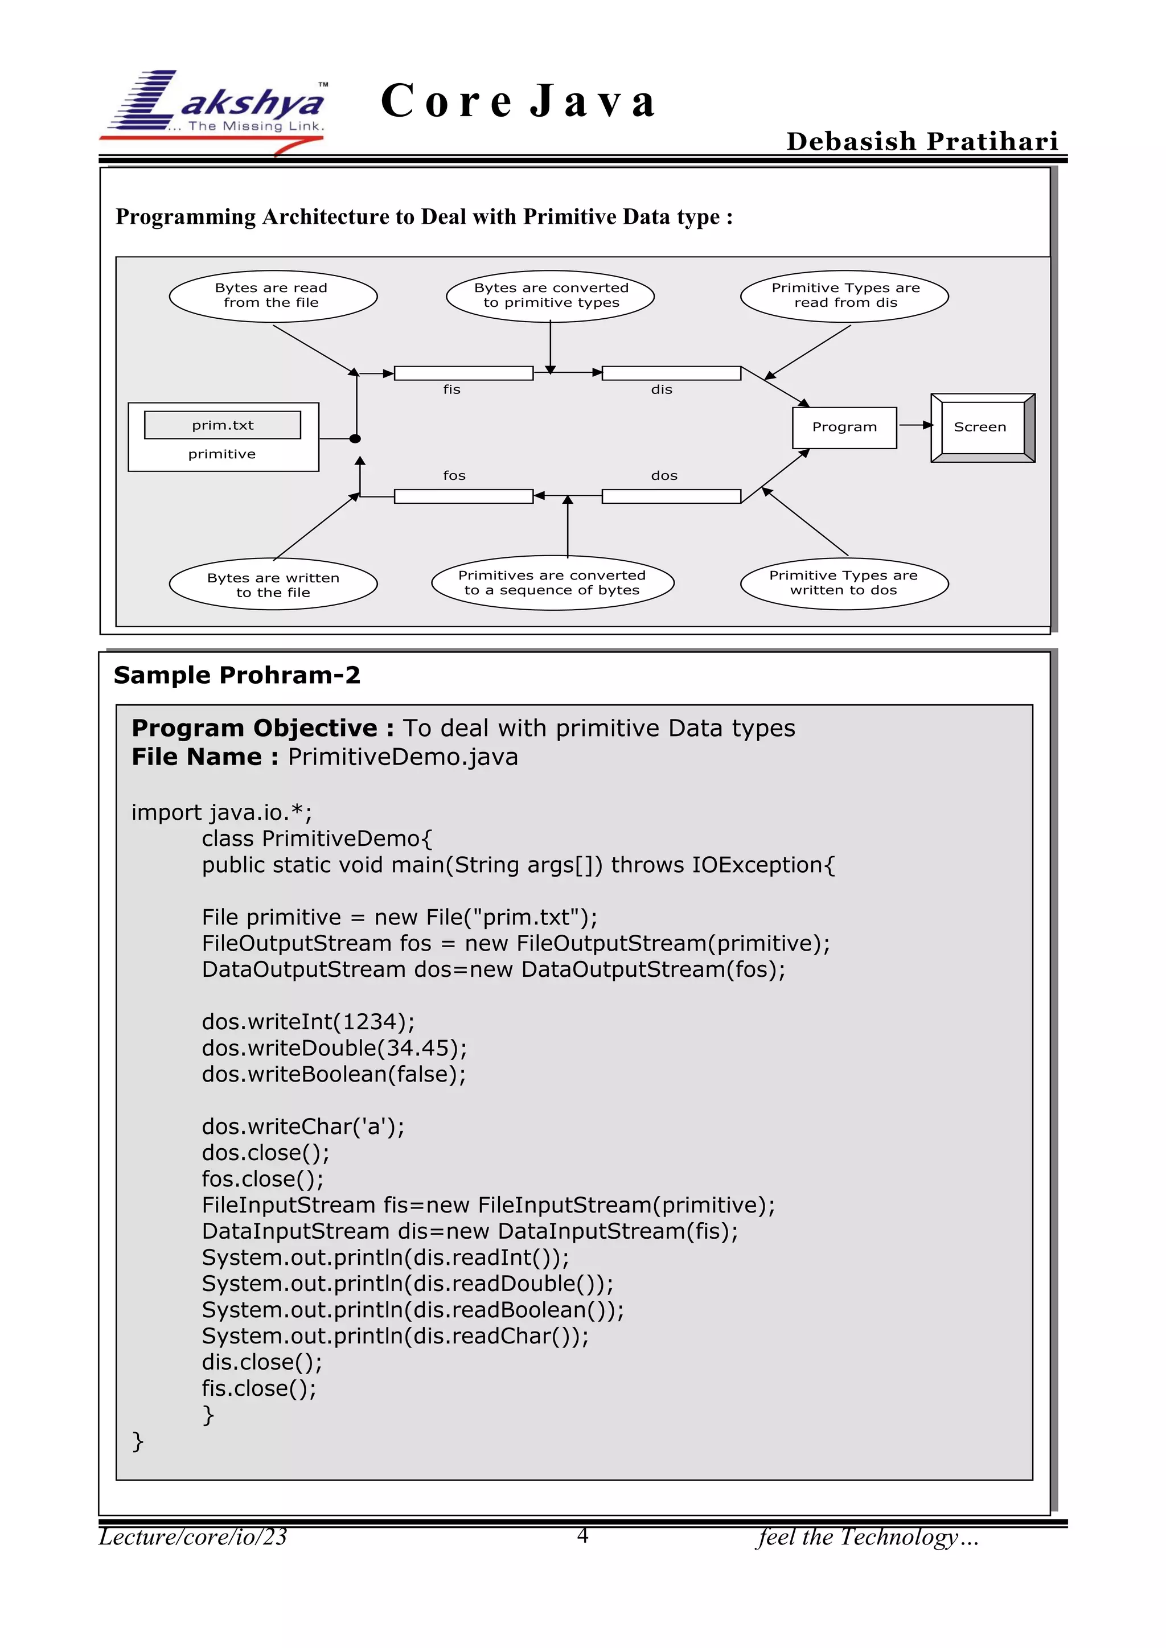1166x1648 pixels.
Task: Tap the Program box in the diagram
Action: [844, 428]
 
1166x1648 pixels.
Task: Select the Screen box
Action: [982, 428]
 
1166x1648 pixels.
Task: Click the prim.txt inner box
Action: [223, 425]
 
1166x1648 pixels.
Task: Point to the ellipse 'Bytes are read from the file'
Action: [273, 295]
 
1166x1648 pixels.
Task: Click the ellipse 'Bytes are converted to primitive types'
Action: [550, 295]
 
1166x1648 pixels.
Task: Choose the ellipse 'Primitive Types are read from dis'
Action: [844, 295]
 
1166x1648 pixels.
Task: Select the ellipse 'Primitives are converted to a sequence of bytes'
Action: [552, 582]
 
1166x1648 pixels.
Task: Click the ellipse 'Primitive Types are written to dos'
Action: [844, 582]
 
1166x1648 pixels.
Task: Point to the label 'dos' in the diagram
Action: [664, 475]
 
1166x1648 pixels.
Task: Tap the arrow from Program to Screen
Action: [915, 426]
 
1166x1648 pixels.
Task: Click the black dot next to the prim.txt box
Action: [355, 438]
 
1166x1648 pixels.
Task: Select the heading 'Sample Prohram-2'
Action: [237, 675]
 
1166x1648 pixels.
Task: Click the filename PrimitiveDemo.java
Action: [403, 757]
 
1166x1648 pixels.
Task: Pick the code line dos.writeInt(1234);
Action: [308, 1021]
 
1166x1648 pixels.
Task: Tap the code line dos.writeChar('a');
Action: [303, 1126]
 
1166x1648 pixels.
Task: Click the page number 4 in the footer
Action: [582, 1535]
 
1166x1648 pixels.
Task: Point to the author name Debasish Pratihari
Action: [922, 141]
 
